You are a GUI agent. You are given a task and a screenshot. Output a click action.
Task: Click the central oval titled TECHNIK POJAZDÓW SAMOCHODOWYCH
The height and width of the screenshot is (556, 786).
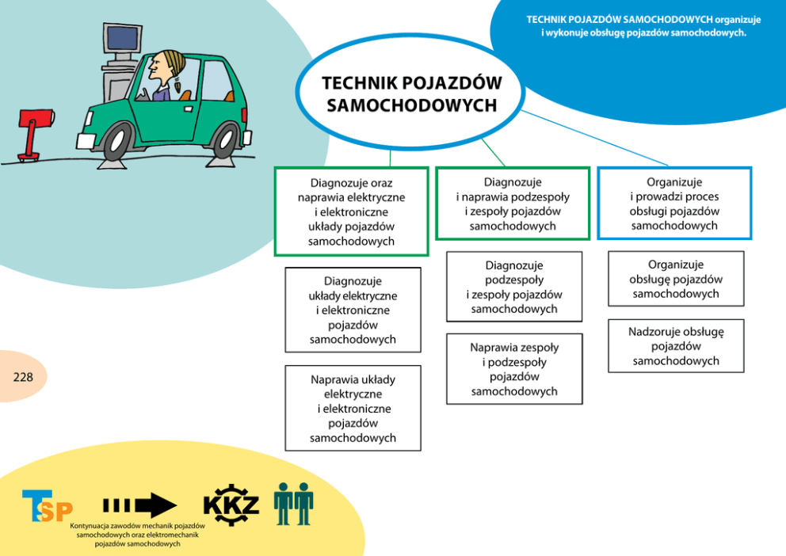point(410,93)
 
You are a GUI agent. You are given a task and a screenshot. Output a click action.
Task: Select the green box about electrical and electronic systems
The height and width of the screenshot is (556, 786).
point(351,211)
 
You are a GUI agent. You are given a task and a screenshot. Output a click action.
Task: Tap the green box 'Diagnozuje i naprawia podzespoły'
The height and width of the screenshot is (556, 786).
point(513,204)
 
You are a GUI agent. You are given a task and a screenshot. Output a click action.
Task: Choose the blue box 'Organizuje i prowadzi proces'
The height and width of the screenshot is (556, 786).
point(674,204)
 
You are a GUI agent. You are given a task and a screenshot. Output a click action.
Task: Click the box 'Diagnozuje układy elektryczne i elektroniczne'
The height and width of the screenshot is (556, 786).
point(353,310)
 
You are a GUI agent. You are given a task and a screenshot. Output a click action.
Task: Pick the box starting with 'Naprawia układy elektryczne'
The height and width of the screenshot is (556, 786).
point(353,408)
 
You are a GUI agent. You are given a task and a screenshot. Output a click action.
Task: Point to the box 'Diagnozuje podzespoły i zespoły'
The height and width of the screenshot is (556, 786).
point(514,287)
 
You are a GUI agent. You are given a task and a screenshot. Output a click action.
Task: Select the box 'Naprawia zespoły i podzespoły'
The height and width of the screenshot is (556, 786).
point(514,369)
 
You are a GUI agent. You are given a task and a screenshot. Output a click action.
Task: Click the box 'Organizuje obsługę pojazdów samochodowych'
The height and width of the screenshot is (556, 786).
point(676,279)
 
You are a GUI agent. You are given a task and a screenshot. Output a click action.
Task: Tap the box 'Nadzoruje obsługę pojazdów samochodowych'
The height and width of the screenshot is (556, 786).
point(676,346)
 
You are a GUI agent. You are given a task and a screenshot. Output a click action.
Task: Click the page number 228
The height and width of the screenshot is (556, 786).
point(23,377)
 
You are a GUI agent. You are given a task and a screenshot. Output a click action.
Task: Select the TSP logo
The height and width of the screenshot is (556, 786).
point(47,507)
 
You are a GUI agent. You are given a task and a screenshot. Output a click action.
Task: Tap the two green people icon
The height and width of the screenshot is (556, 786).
point(293,504)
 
